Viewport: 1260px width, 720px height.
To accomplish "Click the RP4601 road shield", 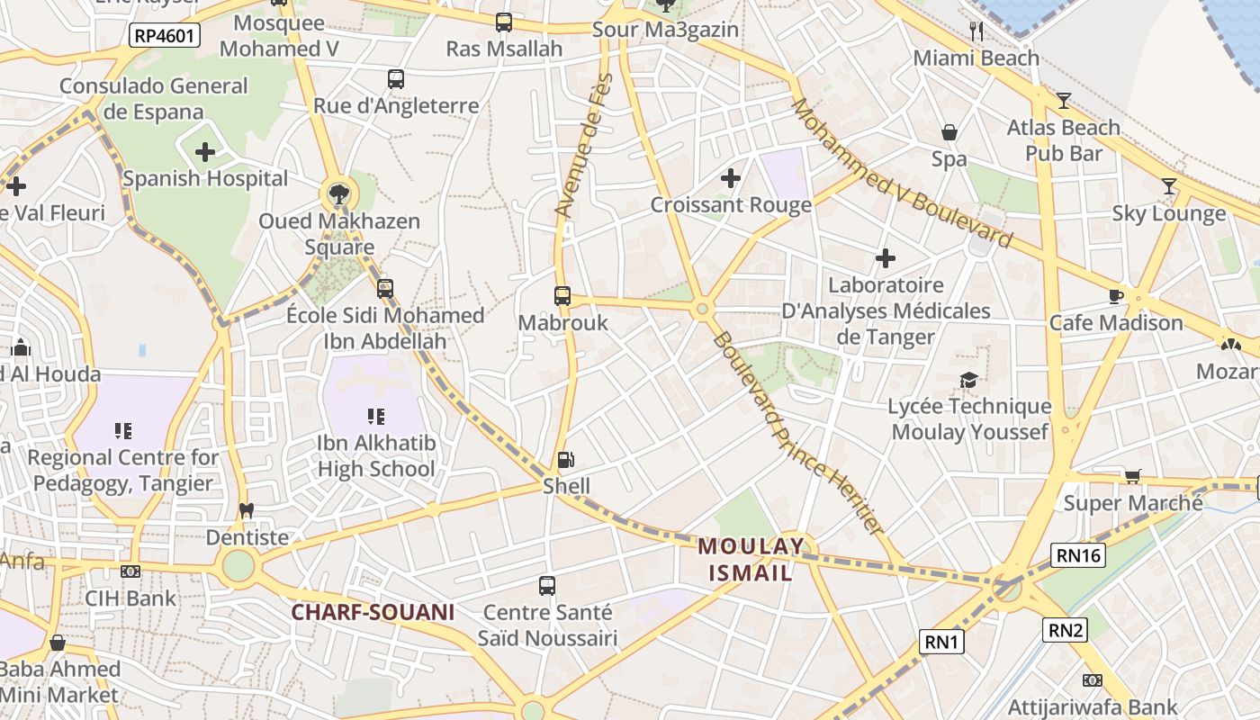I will (164, 36).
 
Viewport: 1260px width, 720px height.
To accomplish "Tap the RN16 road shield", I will (1079, 555).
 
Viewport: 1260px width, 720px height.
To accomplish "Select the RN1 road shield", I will (942, 642).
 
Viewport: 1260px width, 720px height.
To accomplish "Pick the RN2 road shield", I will (1066, 630).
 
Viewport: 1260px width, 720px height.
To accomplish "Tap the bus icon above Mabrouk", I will (562, 295).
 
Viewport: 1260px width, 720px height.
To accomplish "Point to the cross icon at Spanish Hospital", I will (205, 152).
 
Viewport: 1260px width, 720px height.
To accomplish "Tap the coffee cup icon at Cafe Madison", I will (1116, 296).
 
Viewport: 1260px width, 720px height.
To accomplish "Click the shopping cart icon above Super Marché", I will (1132, 476).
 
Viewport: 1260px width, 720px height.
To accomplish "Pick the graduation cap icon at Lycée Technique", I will (968, 381).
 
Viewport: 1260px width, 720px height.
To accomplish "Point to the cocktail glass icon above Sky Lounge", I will (1168, 187).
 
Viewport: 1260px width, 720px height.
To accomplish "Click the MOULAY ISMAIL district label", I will (751, 559).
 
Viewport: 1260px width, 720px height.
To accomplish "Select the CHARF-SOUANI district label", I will (372, 613).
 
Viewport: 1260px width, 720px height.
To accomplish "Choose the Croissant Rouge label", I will (731, 205).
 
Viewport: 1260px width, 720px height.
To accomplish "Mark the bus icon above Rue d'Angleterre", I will (396, 79).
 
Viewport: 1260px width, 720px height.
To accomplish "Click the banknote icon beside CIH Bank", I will (130, 571).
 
